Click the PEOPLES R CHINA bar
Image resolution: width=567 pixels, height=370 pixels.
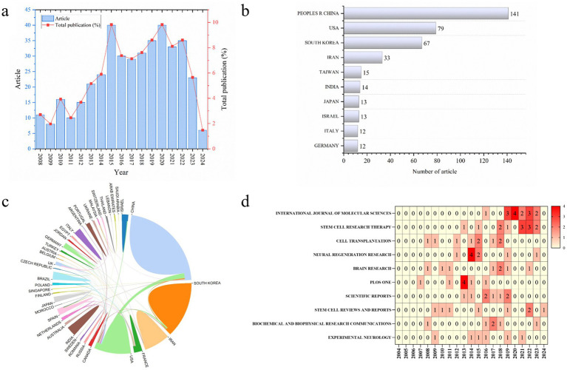pyautogui.click(x=405, y=13)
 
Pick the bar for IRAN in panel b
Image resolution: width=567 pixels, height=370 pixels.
pyautogui.click(x=363, y=57)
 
